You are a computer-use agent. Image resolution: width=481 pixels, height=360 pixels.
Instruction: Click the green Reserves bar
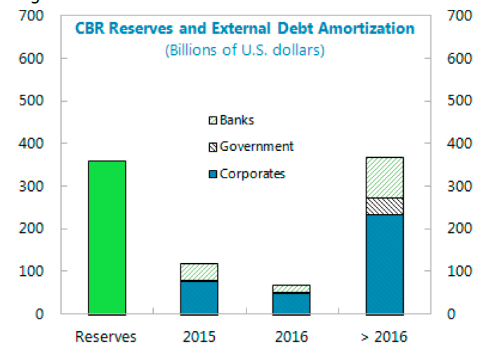coord(106,237)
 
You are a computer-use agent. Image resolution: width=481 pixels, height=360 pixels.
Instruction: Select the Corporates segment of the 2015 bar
coord(199,298)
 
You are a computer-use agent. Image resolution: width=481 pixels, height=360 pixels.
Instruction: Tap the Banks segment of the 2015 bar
coord(199,272)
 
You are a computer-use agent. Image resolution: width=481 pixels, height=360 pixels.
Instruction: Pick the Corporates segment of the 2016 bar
coord(291,303)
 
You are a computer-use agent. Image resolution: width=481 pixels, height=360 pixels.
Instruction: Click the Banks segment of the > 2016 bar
coord(384,178)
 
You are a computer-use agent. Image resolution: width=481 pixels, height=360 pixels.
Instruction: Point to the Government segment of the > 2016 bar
coord(384,206)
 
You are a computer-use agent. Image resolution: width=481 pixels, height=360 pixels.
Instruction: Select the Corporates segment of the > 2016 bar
coord(384,264)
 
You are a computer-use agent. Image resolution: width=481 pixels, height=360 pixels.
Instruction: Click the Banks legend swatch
coord(213,121)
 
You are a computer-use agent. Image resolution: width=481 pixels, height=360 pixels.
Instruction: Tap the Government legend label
coord(256,147)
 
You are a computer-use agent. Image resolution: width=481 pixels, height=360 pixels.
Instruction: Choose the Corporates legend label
coord(252,173)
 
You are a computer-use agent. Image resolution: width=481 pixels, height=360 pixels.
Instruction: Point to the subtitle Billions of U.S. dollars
coord(244,51)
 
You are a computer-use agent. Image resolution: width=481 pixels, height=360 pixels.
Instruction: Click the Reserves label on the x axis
coord(106,337)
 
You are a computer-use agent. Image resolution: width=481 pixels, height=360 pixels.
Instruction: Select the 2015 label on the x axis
coord(199,337)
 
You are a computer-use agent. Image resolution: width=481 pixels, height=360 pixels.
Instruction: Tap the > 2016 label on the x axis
coord(384,337)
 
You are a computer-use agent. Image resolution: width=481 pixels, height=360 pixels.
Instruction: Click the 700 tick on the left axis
coord(32,16)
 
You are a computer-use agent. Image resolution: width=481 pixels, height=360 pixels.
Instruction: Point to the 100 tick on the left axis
coord(32,272)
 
